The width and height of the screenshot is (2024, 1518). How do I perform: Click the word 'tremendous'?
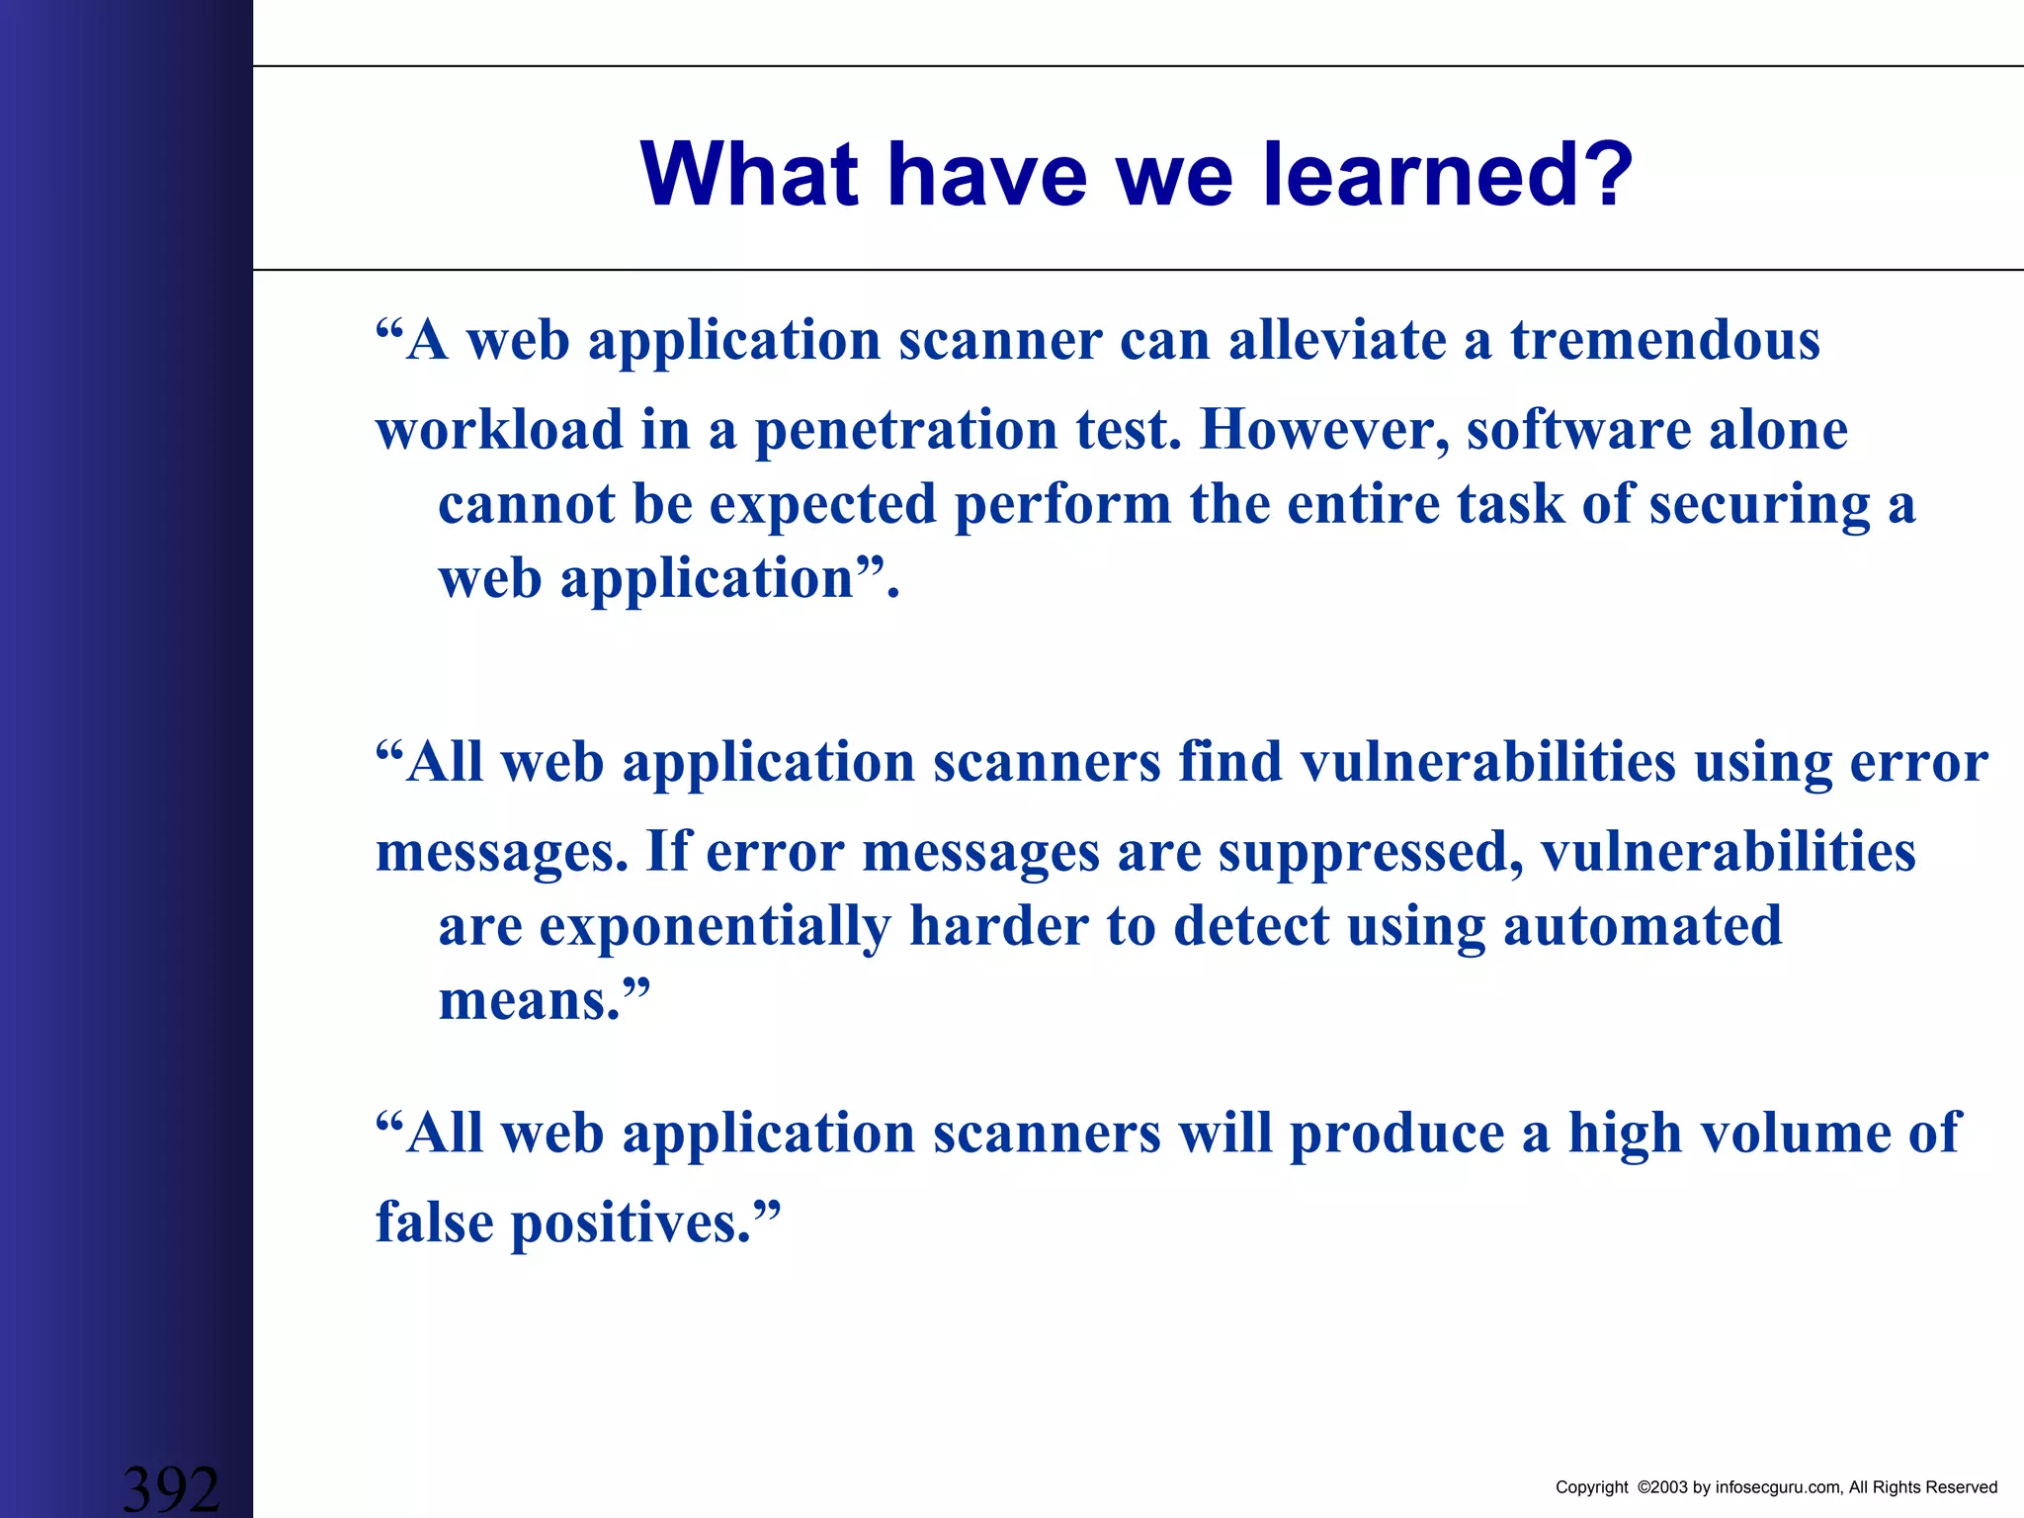click(1664, 341)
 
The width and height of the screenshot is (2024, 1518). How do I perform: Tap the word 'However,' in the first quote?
click(1323, 431)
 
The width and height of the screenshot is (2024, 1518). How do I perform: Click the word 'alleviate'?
click(1337, 341)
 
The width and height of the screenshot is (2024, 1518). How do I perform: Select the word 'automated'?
click(1642, 927)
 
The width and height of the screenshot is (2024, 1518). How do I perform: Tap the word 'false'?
click(434, 1223)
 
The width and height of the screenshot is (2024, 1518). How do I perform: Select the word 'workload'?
click(499, 431)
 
